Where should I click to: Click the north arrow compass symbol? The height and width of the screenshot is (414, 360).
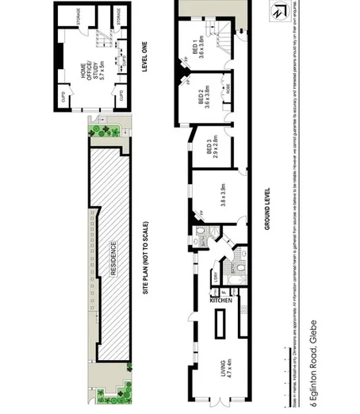[x=276, y=13]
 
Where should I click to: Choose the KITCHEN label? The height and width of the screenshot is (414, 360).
[x=220, y=301]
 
